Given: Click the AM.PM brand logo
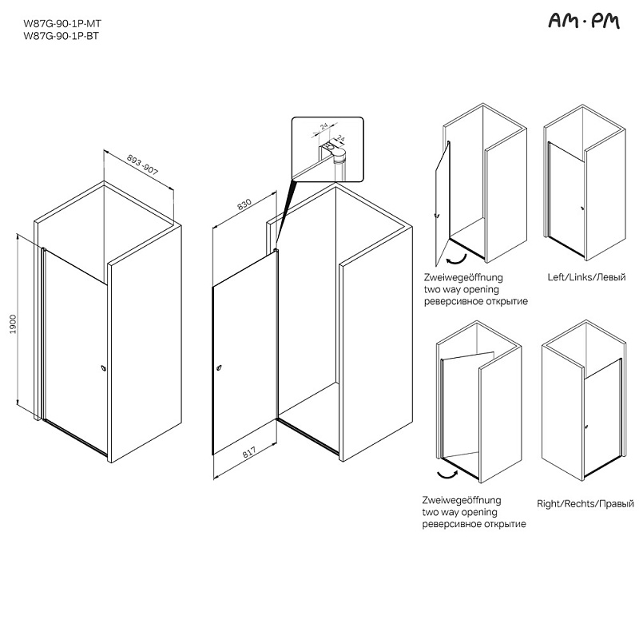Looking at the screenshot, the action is tap(584, 21).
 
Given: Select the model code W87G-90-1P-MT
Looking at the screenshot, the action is tap(62, 24).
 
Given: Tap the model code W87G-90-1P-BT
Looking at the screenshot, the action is tap(62, 36).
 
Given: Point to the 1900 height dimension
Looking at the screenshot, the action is tap(14, 324).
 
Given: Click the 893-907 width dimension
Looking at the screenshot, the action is tap(142, 165).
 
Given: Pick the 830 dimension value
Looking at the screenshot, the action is tap(244, 204).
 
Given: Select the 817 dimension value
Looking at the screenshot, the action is tap(249, 452).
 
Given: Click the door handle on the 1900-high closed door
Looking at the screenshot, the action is tap(104, 368).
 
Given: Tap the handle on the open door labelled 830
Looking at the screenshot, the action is tap(220, 367).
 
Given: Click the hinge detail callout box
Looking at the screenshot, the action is tap(327, 149).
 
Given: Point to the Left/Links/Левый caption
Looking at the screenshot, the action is tap(586, 277).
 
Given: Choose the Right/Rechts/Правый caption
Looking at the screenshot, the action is tap(585, 504).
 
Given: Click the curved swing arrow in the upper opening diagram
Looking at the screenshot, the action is tap(456, 259).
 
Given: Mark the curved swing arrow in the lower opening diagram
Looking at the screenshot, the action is tap(447, 474).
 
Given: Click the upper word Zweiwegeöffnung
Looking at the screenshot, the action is tap(463, 277).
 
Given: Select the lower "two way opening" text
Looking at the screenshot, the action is tap(460, 512).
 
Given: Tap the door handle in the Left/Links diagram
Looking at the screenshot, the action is tap(582, 208).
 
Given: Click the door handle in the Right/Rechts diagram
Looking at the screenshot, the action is tap(586, 427).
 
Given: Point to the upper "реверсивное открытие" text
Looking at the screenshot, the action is tap(476, 302).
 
